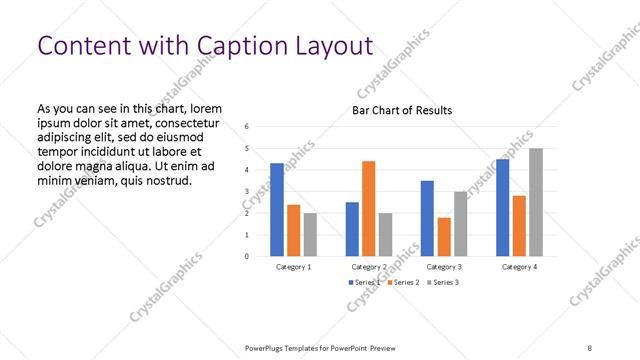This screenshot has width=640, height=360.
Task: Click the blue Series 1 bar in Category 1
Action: [x=277, y=210]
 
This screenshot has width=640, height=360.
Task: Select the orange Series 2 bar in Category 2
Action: [x=369, y=208]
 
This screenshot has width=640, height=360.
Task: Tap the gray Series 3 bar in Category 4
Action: [x=536, y=202]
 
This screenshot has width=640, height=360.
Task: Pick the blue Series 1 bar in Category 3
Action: [x=427, y=218]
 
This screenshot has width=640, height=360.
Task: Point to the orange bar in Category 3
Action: [x=444, y=236]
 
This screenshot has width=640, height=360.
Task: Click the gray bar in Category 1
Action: [x=310, y=234]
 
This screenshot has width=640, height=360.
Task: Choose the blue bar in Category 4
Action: [x=502, y=207]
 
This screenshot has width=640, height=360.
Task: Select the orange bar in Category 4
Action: [x=519, y=225]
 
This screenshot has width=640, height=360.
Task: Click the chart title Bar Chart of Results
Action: [x=402, y=110]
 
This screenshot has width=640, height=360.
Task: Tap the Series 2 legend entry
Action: [x=401, y=283]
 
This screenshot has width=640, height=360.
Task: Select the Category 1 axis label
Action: [x=293, y=267]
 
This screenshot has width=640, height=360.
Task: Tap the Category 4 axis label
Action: [x=519, y=267]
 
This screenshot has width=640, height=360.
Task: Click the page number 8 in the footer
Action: [x=589, y=347]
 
